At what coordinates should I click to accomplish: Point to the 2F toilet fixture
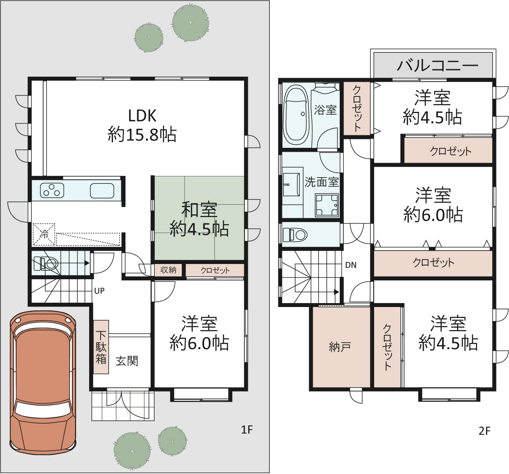pos(295,234)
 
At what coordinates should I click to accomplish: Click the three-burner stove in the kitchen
pos(52,190)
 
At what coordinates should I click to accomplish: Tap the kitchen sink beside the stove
pos(102,190)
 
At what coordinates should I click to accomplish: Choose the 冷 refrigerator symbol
pos(44,234)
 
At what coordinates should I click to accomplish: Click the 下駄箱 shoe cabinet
pos(101,347)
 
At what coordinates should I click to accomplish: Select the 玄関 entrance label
pos(127,361)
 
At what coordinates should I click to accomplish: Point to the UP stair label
pos(99,291)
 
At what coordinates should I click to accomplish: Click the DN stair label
pos(351,265)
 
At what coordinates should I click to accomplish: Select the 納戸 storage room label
pos(340,347)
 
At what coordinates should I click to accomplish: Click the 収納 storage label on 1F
pos(168,270)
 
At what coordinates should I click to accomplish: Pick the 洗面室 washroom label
pos(322,182)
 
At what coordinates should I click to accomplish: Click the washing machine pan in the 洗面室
pos(327,205)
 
